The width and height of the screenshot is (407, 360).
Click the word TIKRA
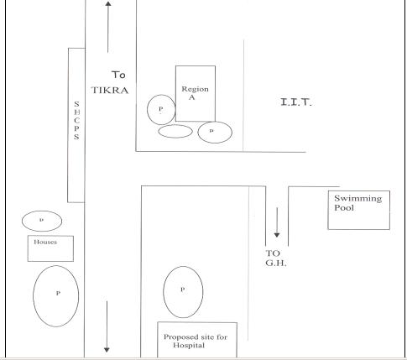110,90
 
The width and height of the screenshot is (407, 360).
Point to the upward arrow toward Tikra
108,27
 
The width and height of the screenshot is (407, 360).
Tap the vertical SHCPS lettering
76,120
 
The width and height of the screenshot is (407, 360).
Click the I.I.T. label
296,102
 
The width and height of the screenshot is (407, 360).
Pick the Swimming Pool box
328,210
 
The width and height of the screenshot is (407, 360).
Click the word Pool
344,208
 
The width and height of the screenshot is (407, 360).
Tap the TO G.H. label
276,258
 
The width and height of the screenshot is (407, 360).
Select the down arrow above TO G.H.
277,222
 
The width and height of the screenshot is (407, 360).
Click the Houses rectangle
28,248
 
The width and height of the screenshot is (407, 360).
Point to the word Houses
45,242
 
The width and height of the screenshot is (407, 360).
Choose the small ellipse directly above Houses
22,221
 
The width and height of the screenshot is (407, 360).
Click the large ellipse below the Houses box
34,296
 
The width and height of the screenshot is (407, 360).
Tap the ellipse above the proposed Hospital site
164,292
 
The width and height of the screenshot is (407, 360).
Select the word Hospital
189,345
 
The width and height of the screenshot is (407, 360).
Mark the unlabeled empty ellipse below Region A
159,132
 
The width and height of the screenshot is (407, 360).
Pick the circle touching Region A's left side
148,110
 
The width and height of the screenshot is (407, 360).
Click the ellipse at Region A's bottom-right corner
198,133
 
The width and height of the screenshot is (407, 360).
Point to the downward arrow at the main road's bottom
107,326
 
